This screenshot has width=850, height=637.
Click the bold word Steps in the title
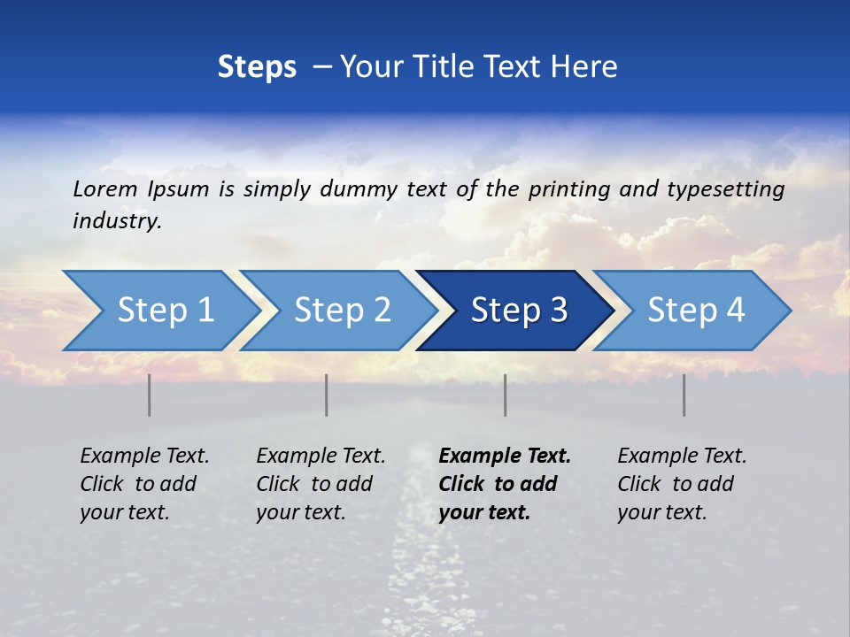[x=257, y=66]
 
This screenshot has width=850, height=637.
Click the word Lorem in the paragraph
[x=104, y=188]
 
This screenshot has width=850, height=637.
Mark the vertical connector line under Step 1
[x=150, y=395]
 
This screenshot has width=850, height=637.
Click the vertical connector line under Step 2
[x=327, y=395]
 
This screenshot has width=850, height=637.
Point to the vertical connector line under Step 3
[x=506, y=395]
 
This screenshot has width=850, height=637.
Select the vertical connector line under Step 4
[x=684, y=395]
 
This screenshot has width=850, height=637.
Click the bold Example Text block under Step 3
[x=505, y=484]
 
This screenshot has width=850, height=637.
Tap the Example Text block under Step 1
[x=144, y=484]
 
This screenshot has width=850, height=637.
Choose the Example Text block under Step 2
[x=321, y=484]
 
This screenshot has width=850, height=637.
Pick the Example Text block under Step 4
[x=682, y=484]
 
